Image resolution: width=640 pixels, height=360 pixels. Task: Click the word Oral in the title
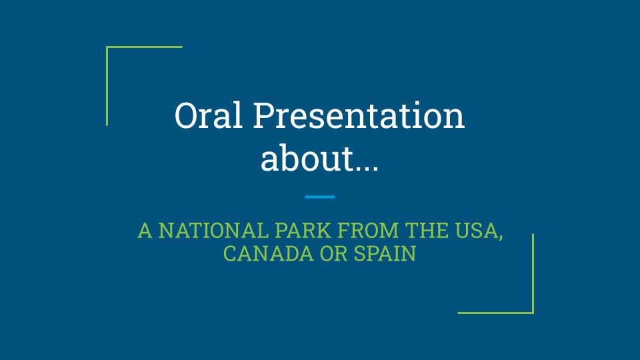pyautogui.click(x=209, y=115)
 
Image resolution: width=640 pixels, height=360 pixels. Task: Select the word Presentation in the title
pyautogui.click(x=359, y=115)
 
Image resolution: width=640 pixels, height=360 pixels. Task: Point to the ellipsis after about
pyautogui.click(x=367, y=168)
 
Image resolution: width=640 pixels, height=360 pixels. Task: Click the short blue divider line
pyautogui.click(x=320, y=197)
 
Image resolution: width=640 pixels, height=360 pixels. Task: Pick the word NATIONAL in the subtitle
pyautogui.click(x=213, y=230)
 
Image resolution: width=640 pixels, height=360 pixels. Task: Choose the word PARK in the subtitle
pyautogui.click(x=303, y=230)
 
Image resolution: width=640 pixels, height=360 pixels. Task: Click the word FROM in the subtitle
pyautogui.click(x=368, y=230)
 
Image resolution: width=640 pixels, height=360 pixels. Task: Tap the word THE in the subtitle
pyautogui.click(x=427, y=230)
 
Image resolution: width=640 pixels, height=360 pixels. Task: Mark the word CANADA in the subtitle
pyautogui.click(x=268, y=253)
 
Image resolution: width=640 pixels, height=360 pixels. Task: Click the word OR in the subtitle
pyautogui.click(x=333, y=253)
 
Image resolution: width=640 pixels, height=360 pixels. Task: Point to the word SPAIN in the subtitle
pyautogui.click(x=385, y=253)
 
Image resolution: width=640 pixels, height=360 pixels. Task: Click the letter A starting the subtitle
pyautogui.click(x=145, y=230)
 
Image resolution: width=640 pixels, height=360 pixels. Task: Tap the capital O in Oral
pyautogui.click(x=185, y=115)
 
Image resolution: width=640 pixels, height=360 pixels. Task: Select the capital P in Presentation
pyautogui.click(x=263, y=115)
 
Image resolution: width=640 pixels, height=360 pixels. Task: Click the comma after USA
pyautogui.click(x=501, y=237)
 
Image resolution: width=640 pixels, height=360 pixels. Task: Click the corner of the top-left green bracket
pyautogui.click(x=107, y=47)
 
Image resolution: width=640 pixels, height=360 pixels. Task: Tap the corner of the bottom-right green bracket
pyautogui.click(x=533, y=313)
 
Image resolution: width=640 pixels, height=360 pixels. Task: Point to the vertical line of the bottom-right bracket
pyautogui.click(x=533, y=273)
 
